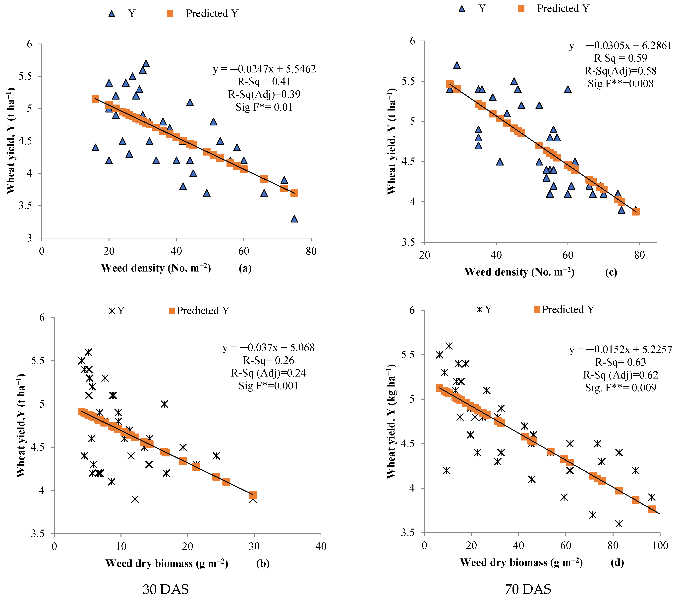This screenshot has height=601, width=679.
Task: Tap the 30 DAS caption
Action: pyautogui.click(x=166, y=589)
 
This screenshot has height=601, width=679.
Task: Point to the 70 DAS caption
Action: pyautogui.click(x=528, y=589)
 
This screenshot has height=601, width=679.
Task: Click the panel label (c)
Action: pyautogui.click(x=611, y=272)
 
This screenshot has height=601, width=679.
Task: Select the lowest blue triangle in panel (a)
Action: pyautogui.click(x=294, y=219)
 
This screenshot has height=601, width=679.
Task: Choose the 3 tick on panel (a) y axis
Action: pyautogui.click(x=30, y=238)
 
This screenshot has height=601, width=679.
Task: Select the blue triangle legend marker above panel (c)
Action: pyautogui.click(x=462, y=8)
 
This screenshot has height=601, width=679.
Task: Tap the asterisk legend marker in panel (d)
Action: pyautogui.click(x=479, y=309)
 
